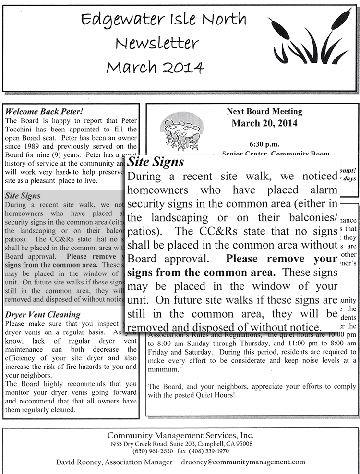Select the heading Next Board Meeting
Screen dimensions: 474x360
click(264, 112)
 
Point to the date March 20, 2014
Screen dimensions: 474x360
click(264, 123)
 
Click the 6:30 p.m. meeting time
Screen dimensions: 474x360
click(264, 144)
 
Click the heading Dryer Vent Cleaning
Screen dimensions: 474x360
click(43, 315)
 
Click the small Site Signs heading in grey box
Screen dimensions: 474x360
click(23, 196)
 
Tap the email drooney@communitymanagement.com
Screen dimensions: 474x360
click(243, 462)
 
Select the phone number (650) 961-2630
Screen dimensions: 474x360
click(153, 451)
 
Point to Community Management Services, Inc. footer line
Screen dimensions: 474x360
click(180, 435)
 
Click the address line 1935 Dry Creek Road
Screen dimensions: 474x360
click(144, 444)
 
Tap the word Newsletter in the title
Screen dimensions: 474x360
click(156, 44)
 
